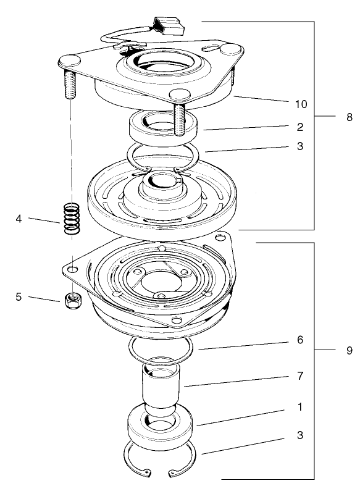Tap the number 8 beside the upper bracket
tap(349, 117)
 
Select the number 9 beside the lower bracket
tap(349, 350)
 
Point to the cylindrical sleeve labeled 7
tap(160, 388)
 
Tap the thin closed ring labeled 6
tap(161, 350)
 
